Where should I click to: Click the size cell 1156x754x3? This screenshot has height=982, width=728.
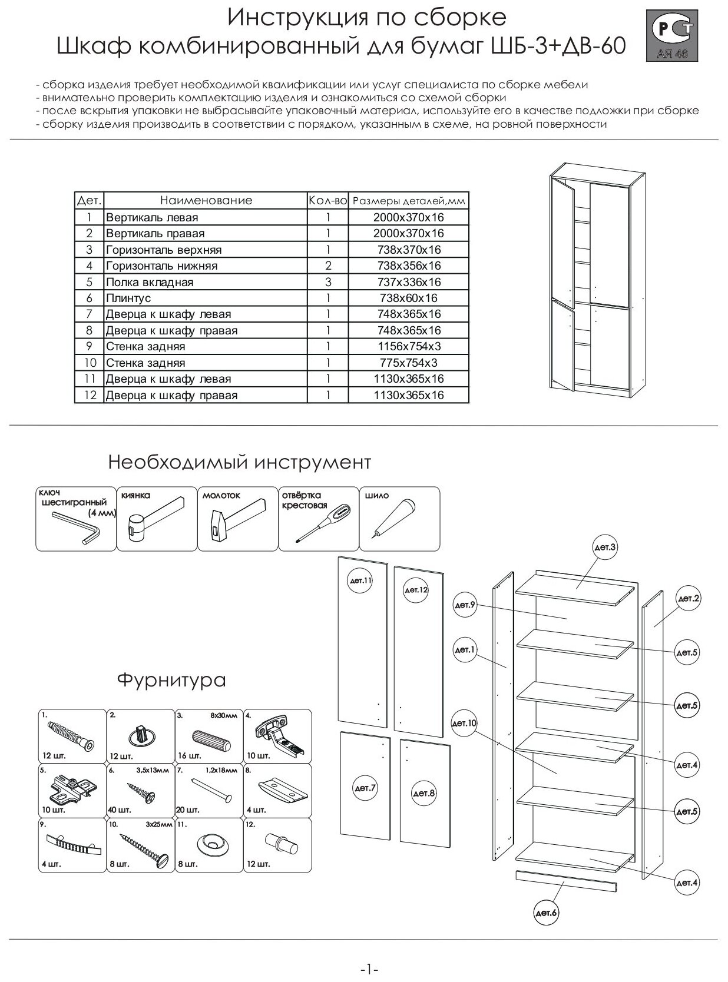[408, 347]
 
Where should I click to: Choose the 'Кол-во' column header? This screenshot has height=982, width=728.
[327, 201]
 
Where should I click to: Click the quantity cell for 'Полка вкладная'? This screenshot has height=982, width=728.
[327, 282]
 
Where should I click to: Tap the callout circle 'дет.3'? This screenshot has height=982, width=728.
[605, 548]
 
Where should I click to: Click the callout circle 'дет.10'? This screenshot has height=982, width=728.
[465, 723]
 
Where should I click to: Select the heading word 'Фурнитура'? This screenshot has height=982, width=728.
[171, 681]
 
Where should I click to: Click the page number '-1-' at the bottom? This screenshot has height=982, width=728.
[369, 969]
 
